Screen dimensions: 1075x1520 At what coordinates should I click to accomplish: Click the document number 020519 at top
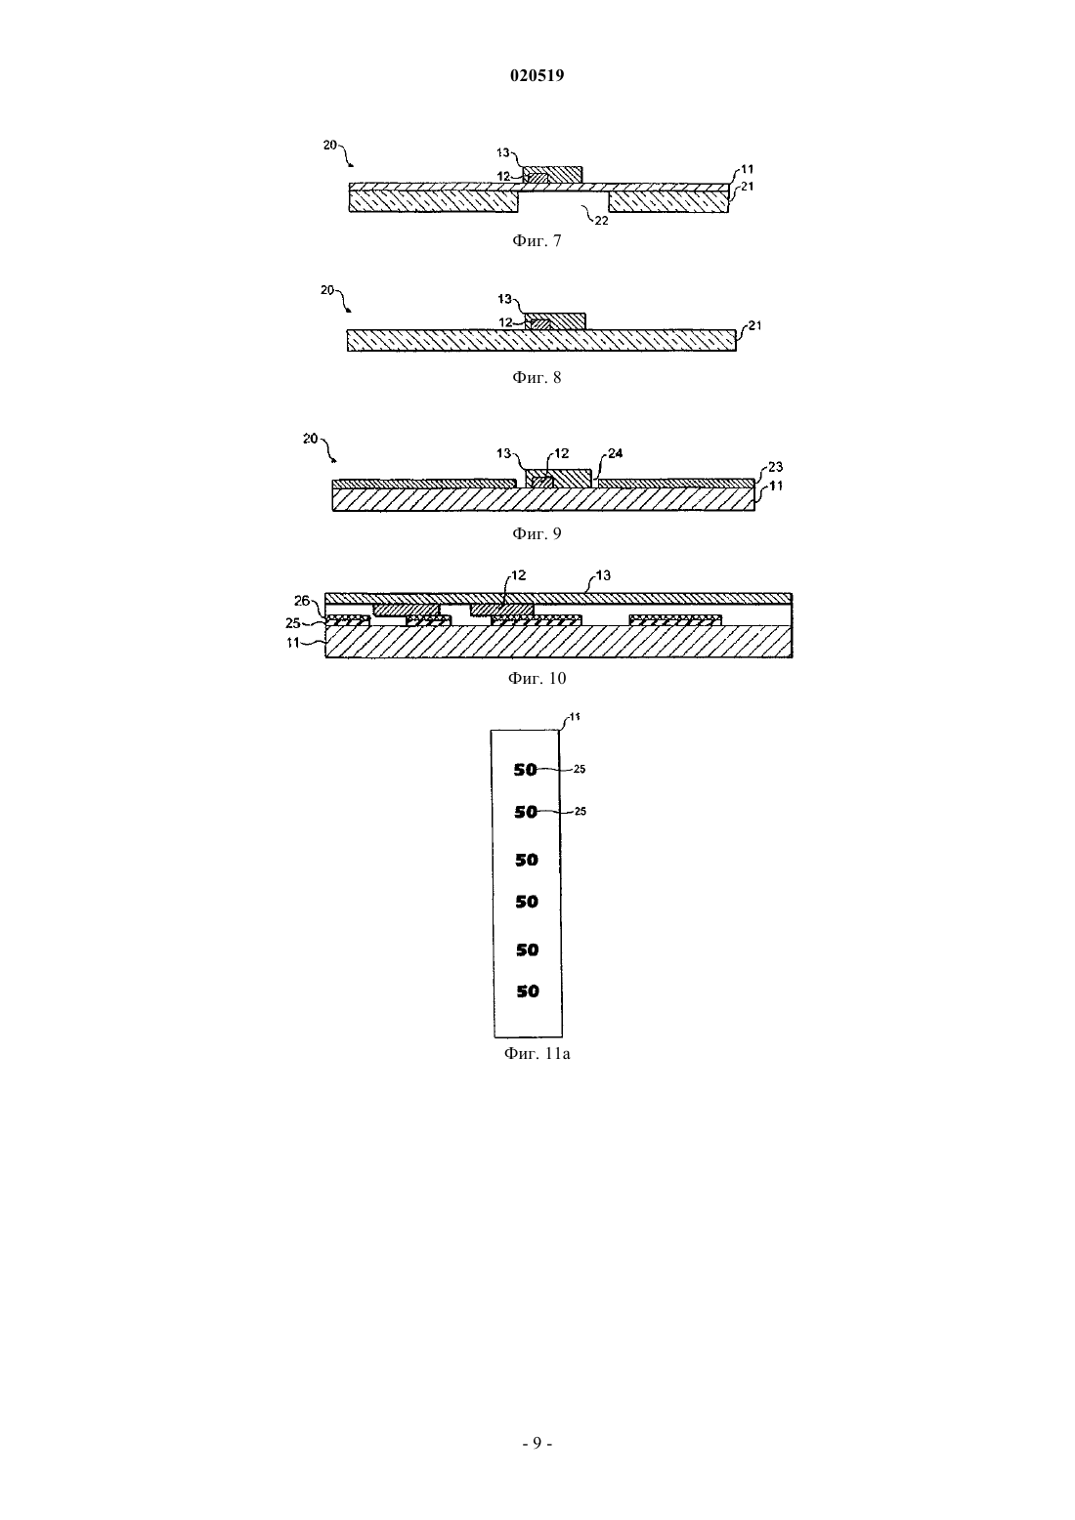coord(537,75)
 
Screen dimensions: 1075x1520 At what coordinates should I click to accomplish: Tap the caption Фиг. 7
coord(537,241)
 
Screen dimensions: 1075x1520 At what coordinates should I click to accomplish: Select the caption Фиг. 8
coord(537,377)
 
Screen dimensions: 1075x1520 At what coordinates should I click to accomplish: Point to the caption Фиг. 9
coord(537,533)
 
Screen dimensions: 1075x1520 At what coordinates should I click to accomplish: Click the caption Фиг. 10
coord(537,679)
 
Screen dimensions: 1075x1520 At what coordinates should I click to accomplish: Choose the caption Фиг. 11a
coord(537,1054)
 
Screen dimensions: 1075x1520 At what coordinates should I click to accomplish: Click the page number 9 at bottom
coord(537,1443)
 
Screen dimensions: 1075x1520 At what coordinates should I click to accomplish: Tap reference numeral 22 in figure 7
coord(601,221)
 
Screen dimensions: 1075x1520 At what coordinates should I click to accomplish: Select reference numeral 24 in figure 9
coord(615,453)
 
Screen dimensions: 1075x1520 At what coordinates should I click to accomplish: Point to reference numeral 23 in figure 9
coord(775,467)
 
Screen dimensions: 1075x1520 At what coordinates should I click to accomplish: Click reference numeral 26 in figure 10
coord(301,601)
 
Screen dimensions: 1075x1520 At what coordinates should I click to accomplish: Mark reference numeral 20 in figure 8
coord(327,290)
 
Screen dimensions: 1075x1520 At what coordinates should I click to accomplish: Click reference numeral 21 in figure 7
coord(747,186)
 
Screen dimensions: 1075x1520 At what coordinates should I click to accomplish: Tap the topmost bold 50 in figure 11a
coord(526,770)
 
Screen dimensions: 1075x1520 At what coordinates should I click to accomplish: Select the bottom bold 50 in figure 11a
coord(528,992)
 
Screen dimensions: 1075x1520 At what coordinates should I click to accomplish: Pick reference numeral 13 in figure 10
coord(603,575)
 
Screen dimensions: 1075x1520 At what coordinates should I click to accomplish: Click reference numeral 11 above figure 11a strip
coord(575,717)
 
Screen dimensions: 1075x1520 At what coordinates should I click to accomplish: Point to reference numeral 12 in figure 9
coord(561,453)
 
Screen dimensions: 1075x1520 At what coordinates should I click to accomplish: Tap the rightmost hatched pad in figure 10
coord(675,620)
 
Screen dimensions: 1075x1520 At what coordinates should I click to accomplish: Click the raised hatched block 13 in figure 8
coord(555,321)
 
